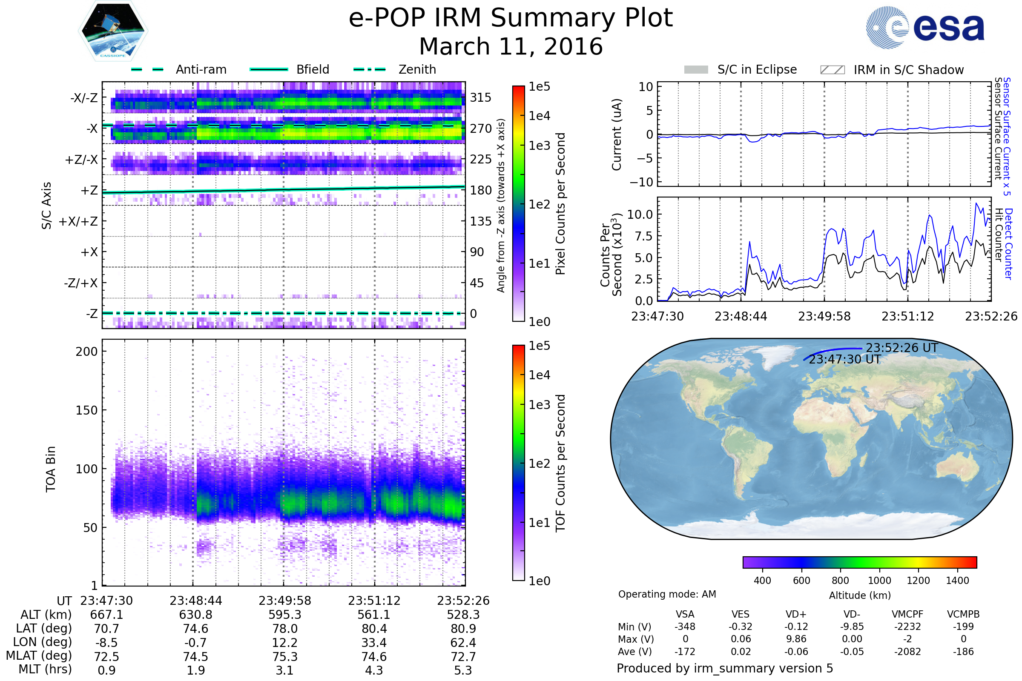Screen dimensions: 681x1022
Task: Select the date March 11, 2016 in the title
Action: coord(511,47)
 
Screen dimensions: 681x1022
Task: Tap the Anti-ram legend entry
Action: coord(201,69)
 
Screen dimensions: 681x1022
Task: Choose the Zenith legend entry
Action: coord(417,69)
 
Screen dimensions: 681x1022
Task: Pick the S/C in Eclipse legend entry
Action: coord(757,69)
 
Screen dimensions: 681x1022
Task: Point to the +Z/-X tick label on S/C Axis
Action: coord(81,160)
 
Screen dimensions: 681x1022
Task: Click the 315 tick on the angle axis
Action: coord(480,98)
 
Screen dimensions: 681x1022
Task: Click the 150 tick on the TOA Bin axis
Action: coord(86,410)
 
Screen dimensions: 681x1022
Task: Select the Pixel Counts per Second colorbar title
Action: coord(560,204)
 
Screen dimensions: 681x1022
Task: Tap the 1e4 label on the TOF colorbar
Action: coord(539,375)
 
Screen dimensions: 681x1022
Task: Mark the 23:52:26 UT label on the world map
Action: coord(901,348)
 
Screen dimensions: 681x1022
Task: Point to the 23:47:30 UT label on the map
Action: coord(844,360)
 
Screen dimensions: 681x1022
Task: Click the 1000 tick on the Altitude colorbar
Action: coord(879,581)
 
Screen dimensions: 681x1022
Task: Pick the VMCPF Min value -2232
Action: coord(907,627)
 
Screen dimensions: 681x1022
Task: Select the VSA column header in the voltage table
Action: coord(685,615)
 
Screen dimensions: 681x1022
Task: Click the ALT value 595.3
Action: coord(284,615)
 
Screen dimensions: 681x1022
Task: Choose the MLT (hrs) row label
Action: coord(45,669)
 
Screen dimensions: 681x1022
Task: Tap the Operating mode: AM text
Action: coord(667,594)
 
